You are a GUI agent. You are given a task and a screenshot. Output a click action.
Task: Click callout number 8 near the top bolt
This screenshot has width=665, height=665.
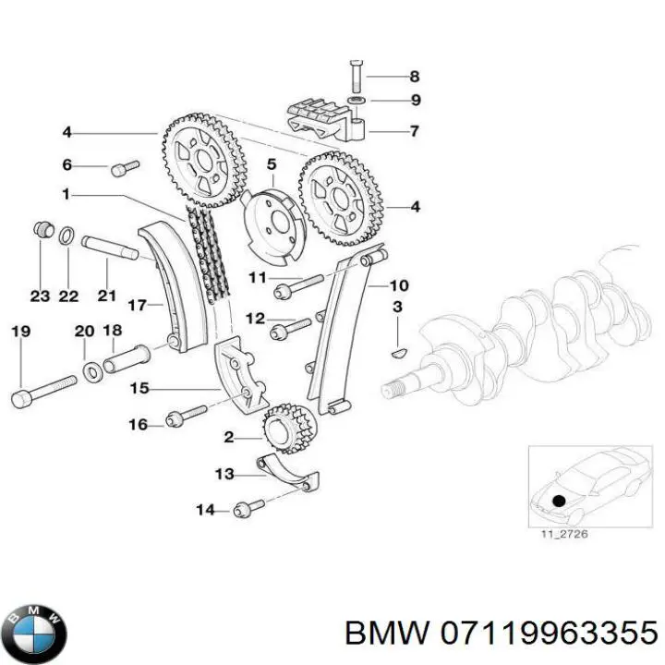tap(414, 77)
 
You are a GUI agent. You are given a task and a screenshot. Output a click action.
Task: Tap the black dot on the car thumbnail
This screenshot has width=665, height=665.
tap(558, 500)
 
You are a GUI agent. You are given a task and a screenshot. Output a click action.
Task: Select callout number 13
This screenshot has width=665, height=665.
tap(224, 475)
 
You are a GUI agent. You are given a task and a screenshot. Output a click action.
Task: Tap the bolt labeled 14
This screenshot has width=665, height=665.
tap(249, 506)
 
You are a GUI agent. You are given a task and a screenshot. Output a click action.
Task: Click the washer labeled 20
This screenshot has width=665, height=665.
tap(93, 372)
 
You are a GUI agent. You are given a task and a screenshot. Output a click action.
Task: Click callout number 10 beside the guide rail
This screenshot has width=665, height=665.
tap(398, 284)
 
